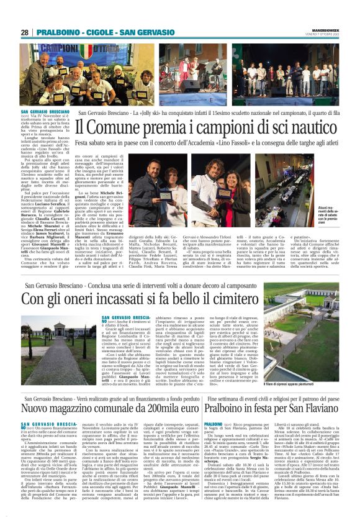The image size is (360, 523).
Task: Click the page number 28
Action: (x=25, y=32)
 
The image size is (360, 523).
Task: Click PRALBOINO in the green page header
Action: (x=59, y=32)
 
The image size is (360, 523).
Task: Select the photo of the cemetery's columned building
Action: (x=59, y=342)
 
